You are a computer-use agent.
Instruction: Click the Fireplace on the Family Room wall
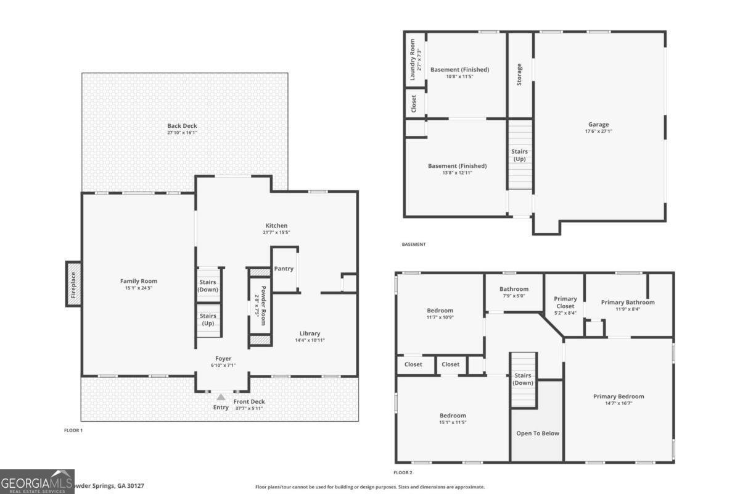[x=73, y=284]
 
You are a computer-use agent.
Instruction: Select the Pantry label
[x=284, y=269]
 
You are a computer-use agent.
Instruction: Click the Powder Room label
[x=263, y=306]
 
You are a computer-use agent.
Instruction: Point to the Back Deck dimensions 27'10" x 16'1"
[x=182, y=133]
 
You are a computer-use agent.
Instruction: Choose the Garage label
[x=598, y=124]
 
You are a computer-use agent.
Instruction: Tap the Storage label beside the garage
[x=519, y=74]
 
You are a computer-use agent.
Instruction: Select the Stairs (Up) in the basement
[x=519, y=155]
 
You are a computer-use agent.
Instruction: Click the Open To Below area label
[x=537, y=433]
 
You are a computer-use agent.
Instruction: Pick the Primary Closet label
[x=565, y=303]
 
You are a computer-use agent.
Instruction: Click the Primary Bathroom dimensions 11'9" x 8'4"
[x=628, y=309]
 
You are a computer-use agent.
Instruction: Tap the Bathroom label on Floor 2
[x=514, y=289]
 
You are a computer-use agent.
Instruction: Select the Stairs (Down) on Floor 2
[x=524, y=379]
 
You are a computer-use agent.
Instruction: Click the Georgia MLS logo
[x=37, y=481]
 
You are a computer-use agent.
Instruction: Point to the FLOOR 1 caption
[x=73, y=430]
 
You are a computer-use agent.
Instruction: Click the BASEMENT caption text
[x=413, y=245]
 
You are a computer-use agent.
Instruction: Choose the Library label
[x=310, y=333]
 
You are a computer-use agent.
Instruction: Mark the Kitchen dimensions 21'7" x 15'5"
[x=276, y=233]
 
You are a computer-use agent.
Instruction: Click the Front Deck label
[x=249, y=401]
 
